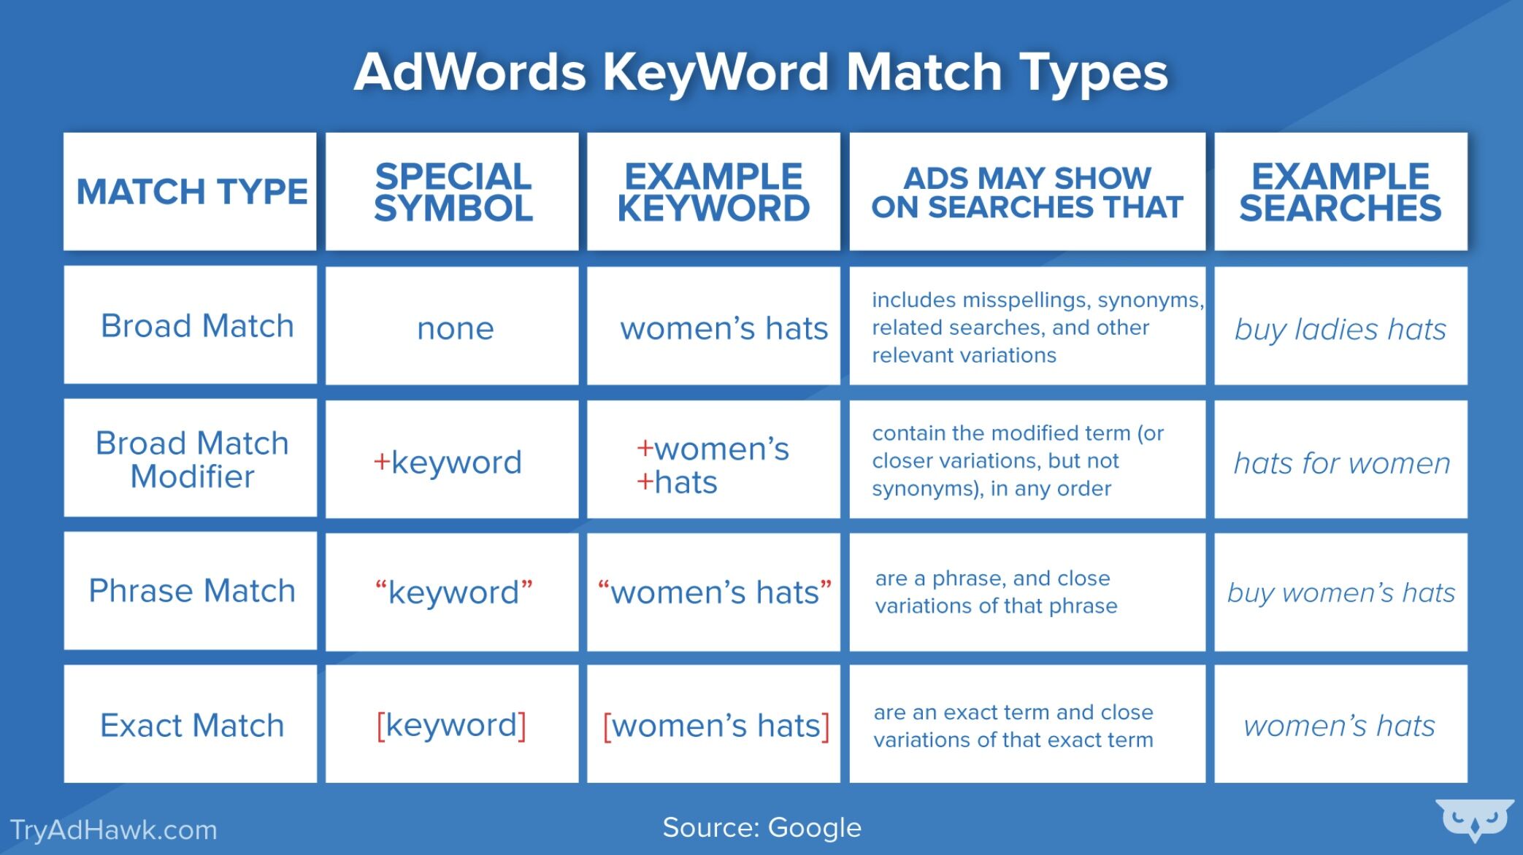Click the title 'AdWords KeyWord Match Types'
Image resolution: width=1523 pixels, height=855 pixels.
click(761, 73)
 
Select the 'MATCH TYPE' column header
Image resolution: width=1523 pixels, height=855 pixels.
click(192, 192)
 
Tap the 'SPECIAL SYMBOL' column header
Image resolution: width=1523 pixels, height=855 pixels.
click(453, 192)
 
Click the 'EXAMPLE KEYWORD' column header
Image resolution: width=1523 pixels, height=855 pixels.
click(714, 192)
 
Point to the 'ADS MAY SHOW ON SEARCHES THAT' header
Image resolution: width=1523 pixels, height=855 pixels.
click(1027, 193)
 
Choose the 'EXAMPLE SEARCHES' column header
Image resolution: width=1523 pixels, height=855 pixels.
click(1340, 192)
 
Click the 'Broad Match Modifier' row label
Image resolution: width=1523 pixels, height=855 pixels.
click(192, 460)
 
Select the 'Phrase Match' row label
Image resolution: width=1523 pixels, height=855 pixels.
click(192, 591)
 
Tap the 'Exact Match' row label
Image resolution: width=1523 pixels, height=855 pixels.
click(192, 725)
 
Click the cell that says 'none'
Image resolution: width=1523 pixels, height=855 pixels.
click(456, 328)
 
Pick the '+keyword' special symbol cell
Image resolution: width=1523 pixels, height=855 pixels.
click(448, 463)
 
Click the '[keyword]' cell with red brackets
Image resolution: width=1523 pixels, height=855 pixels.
click(452, 725)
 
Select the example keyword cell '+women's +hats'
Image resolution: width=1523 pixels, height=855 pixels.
click(713, 465)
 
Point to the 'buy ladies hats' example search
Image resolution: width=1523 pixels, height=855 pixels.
click(1340, 330)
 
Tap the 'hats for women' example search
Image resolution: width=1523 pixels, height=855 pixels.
click(1342, 463)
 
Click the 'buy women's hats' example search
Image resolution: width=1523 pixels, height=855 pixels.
click(1341, 592)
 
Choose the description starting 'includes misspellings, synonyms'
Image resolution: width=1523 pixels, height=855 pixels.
click(1037, 328)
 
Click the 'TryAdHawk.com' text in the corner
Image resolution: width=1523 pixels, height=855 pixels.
click(114, 830)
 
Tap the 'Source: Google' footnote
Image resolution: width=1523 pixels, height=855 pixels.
click(762, 828)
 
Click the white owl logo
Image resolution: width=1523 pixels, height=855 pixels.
click(1474, 820)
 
